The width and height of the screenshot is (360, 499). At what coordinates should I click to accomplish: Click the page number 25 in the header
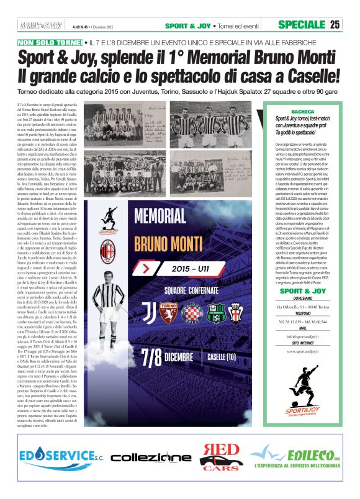coord(335,25)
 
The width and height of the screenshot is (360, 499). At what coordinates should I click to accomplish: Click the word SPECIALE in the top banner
coord(301,25)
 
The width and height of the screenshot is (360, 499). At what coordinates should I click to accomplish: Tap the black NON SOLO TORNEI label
coord(49,43)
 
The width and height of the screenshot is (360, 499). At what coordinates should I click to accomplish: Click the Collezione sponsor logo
coord(151,457)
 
